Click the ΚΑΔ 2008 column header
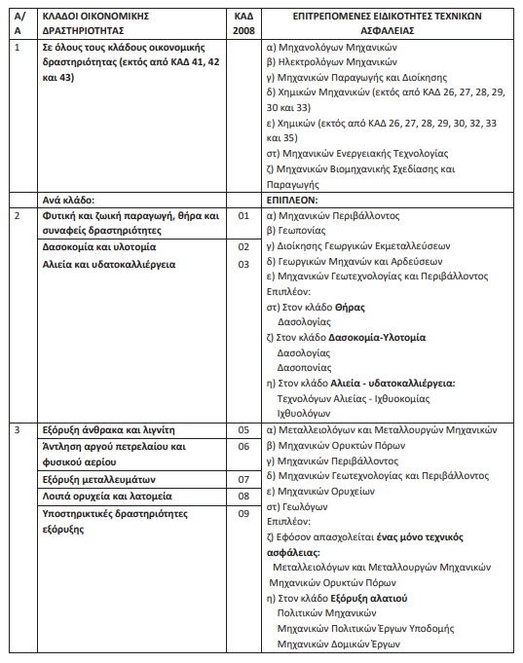pyautogui.click(x=243, y=23)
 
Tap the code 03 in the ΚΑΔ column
pyautogui.click(x=243, y=264)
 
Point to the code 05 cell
pyautogui.click(x=243, y=428)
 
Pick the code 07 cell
pyautogui.click(x=243, y=479)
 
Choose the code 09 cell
pyautogui.click(x=243, y=513)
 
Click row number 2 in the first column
pyautogui.click(x=19, y=215)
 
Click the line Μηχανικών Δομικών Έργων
pyautogui.click(x=338, y=644)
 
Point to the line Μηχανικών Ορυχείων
pyautogui.click(x=325, y=491)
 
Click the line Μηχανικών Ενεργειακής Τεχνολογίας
pyautogui.click(x=356, y=153)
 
